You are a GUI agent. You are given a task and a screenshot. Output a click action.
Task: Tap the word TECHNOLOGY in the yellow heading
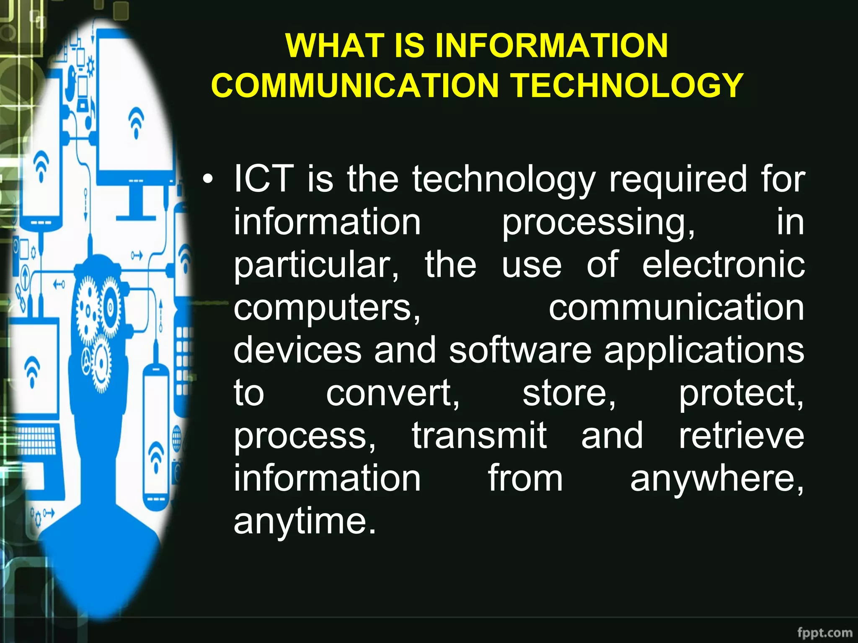627,85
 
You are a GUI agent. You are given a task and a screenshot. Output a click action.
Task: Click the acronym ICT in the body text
264,179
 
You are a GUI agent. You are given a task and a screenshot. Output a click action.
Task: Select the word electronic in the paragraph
723,265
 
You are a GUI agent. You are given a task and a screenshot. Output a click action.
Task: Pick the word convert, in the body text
393,394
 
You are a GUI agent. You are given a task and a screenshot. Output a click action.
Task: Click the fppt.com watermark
824,632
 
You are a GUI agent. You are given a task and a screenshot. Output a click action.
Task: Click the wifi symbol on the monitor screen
136,121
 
